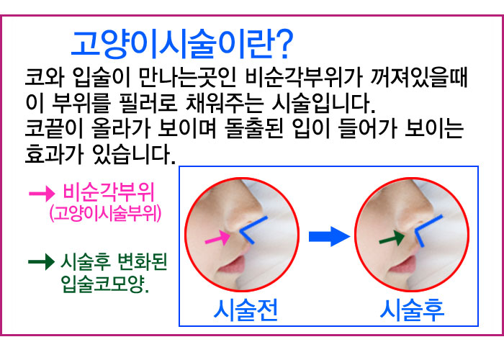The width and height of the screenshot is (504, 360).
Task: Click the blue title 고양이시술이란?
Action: coord(182,44)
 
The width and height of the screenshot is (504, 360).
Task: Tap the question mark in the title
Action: coord(284,44)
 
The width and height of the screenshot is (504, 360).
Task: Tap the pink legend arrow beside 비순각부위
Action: coord(42,194)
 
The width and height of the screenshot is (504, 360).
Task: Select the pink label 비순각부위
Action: coord(109,192)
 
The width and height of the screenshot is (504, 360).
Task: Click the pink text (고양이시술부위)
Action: coord(105,213)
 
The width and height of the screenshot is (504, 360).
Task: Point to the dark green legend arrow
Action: coord(42,261)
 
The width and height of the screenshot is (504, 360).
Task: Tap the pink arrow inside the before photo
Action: coord(217,238)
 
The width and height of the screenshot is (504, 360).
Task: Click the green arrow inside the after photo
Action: coord(392,238)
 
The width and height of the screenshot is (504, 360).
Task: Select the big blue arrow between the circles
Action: coord(330,236)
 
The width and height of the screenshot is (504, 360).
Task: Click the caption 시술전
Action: coord(246,310)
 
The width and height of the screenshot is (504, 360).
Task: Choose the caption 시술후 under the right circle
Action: coord(412,310)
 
